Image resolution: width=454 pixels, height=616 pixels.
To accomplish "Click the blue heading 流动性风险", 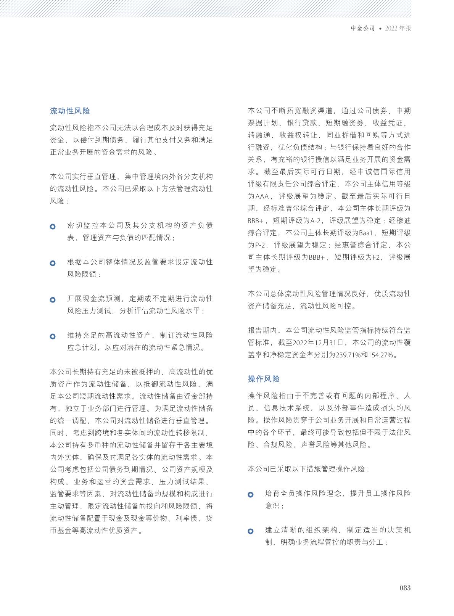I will tap(70, 111).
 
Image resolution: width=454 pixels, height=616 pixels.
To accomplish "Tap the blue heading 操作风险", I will tap(264, 379).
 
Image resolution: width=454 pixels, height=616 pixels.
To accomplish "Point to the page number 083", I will tap(405, 587).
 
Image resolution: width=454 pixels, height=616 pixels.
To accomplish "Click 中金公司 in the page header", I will tap(363, 28).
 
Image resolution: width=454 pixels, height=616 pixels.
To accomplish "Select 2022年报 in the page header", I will tap(398, 28).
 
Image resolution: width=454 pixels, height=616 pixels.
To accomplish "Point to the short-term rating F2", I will tap(377, 257).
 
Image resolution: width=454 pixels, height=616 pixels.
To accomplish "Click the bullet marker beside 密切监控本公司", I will tap(53, 227).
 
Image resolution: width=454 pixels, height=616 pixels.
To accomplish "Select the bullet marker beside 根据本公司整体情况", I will tap(53, 263).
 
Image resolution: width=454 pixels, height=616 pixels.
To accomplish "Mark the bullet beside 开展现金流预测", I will tap(53, 300).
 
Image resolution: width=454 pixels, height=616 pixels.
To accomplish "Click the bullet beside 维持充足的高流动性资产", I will tap(53, 336).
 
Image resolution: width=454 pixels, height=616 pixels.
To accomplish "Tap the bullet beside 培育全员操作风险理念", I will tap(251, 495).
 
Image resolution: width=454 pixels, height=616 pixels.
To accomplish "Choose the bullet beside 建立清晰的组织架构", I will tap(251, 531).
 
